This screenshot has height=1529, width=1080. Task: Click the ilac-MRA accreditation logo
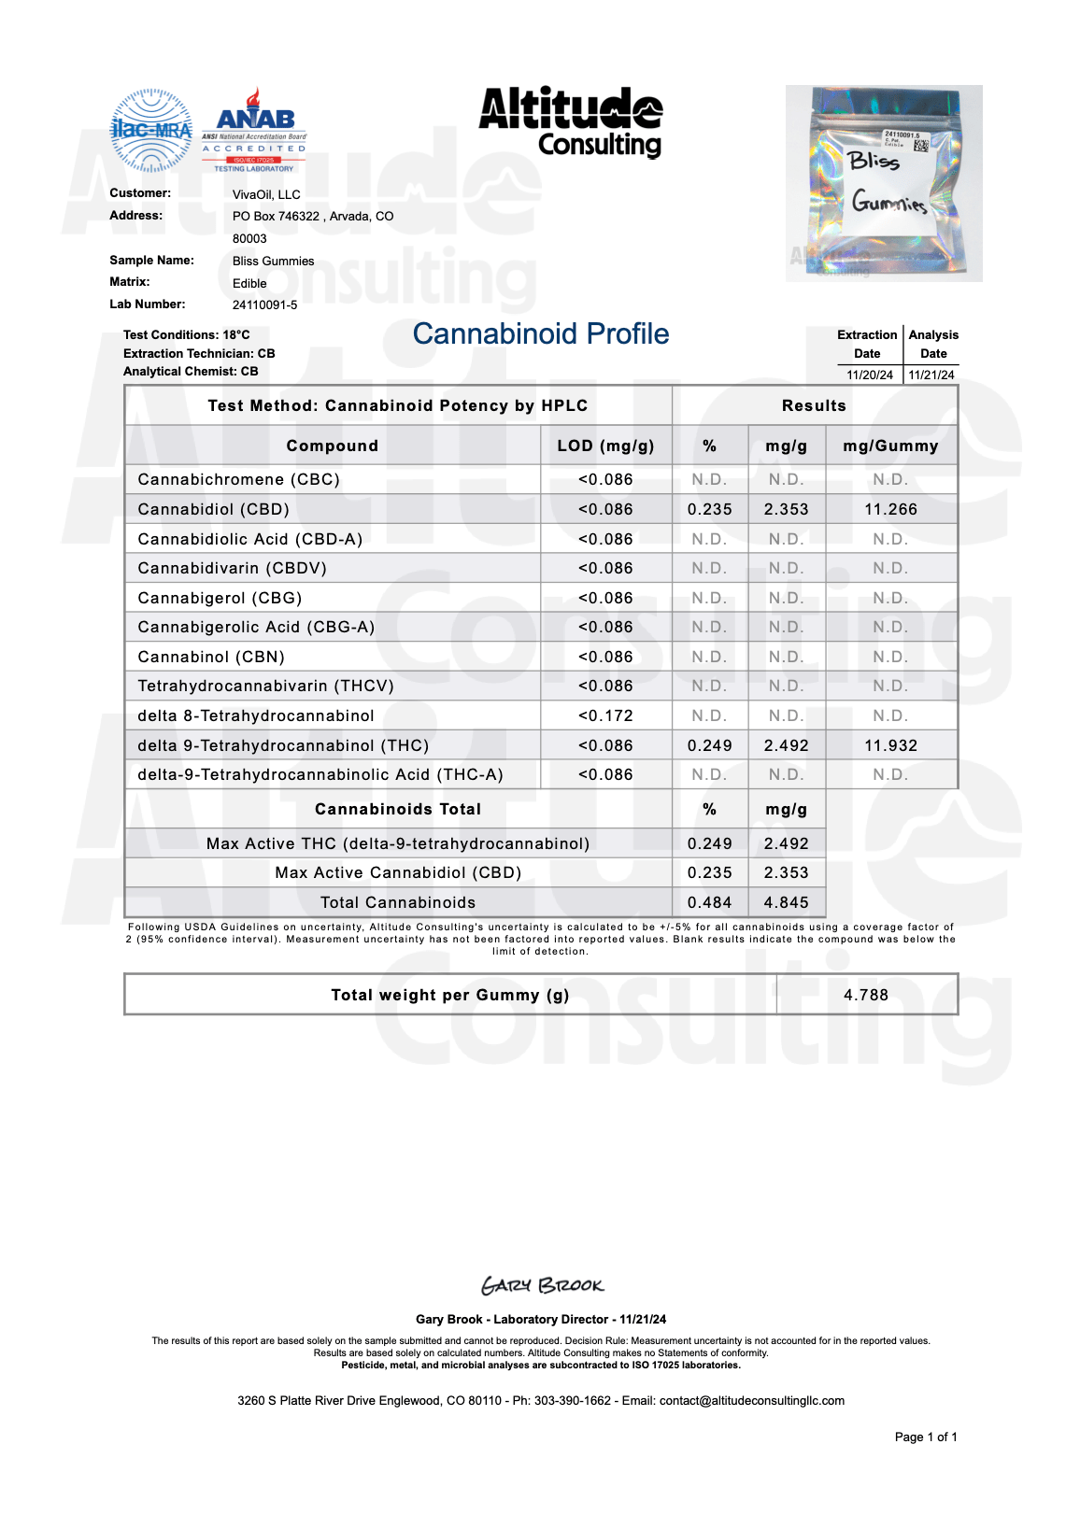pos(151,131)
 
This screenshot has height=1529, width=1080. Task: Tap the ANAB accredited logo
pos(254,132)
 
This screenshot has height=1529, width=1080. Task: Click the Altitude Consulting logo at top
pos(571,122)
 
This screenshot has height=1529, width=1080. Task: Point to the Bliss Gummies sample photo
pos(884,183)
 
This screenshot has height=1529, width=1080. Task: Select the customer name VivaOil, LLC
pos(266,194)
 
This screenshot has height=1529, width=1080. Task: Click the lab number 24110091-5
pos(264,304)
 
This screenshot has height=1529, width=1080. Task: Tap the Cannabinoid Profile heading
pos(541,333)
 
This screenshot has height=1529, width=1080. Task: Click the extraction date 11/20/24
pos(870,375)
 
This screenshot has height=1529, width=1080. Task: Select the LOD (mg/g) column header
pos(605,446)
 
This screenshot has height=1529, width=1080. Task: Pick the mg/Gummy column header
pos(890,446)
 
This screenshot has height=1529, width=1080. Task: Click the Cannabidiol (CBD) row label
pos(213,509)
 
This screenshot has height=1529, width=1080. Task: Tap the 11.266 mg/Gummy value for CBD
pos(890,509)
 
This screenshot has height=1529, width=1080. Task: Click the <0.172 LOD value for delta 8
pos(605,715)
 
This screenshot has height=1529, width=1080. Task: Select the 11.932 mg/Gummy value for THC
pos(890,745)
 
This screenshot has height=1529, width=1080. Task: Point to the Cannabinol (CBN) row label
pos(211,657)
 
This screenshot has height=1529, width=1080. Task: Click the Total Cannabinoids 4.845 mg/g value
pos(786,902)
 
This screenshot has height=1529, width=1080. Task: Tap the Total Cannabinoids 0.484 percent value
pos(709,902)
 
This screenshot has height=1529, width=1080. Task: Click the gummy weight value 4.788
pos(866,995)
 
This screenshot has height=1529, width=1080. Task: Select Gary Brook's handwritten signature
pos(542,1285)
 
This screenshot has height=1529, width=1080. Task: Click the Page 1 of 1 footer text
pos(925,1437)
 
